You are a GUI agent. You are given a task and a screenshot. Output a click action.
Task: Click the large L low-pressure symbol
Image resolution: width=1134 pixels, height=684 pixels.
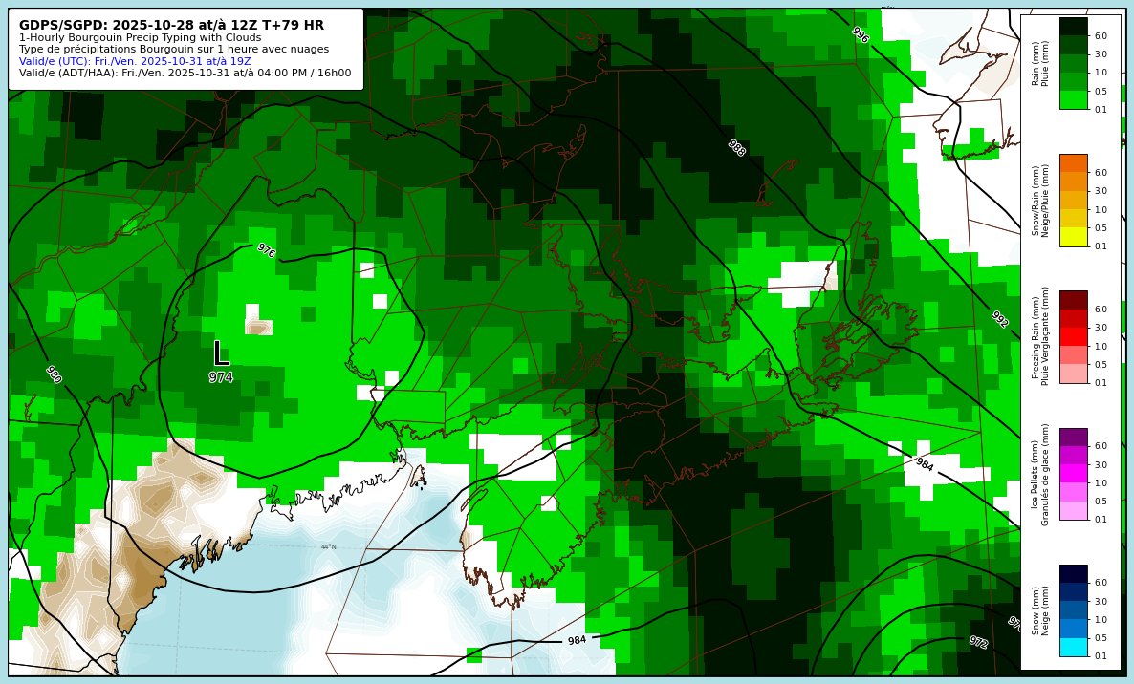coord(221,353)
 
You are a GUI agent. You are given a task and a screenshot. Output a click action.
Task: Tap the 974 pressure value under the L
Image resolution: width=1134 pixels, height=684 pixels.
coord(221,377)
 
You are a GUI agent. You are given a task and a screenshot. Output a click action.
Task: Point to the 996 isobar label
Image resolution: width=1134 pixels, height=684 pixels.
coord(860,35)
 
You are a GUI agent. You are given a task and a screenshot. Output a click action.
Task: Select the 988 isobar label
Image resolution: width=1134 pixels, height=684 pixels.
coord(736,148)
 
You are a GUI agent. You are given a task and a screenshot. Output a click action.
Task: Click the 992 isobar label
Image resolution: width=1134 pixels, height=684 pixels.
coord(999,319)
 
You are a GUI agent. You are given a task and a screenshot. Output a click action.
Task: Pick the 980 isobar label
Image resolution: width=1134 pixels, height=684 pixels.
coord(54,374)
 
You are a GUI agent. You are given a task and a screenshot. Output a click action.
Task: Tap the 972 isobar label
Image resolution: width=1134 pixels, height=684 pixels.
coord(977,642)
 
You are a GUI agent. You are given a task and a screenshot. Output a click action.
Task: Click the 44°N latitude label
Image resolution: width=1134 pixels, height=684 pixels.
coord(328,547)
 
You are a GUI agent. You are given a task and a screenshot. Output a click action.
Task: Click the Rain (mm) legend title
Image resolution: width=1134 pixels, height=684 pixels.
coord(1036,63)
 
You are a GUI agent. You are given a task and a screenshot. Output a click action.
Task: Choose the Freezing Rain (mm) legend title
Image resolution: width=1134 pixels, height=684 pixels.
coord(1036,336)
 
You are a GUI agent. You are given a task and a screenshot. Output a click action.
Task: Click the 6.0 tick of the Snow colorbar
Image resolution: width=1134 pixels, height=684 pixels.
coord(1101,583)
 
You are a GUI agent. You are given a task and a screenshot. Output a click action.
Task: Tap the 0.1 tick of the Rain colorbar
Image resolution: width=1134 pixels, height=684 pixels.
coord(1101,110)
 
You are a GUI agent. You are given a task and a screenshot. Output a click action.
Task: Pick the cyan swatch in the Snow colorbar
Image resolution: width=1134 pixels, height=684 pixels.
coord(1073,647)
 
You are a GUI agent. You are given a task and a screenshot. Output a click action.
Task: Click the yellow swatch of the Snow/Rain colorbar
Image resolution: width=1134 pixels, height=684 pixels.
coord(1073,237)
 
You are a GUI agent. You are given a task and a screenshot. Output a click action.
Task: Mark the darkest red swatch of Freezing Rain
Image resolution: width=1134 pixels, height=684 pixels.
coord(1073,300)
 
